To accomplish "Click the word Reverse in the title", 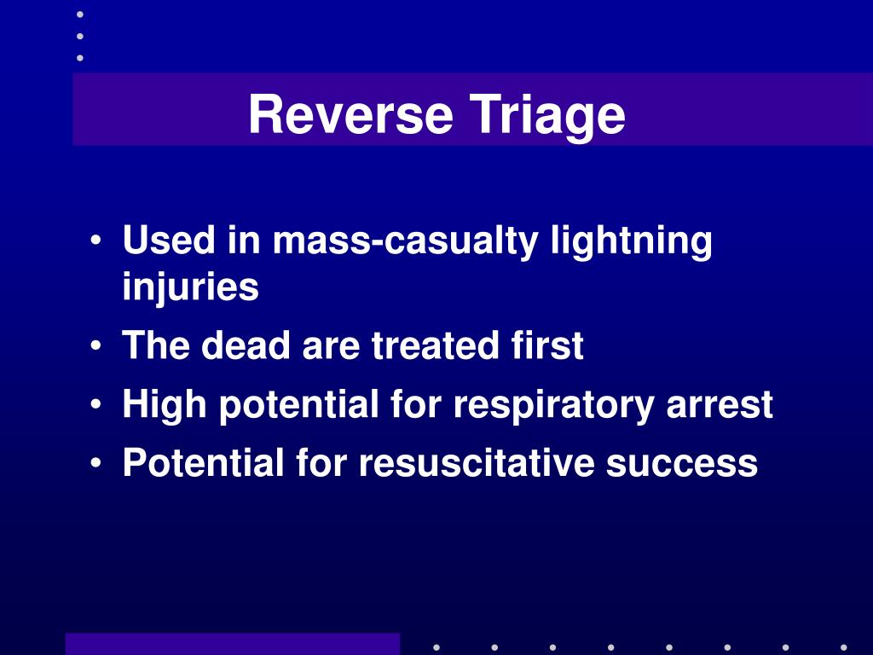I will point(350,115).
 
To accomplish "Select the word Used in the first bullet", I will point(168,241).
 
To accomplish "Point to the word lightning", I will point(631,243).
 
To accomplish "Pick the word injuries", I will point(190,288).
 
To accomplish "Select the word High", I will point(165,405).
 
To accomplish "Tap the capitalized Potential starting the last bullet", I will point(203,463).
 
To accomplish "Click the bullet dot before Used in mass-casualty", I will point(101,243).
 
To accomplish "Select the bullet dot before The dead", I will point(101,348).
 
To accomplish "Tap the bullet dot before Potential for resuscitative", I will point(101,464).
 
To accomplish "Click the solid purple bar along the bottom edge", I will point(232,643).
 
